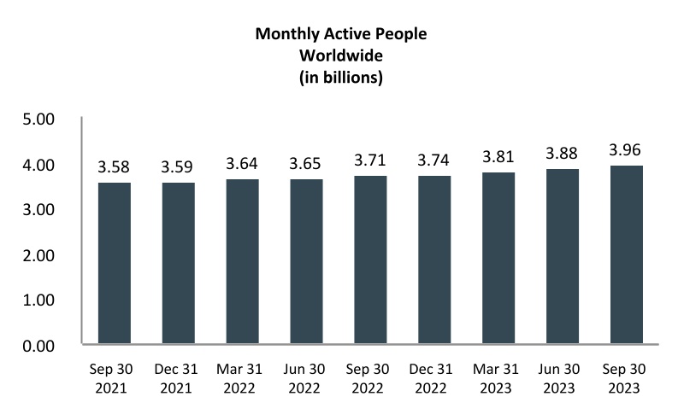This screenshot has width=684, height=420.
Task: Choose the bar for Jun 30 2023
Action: (563, 256)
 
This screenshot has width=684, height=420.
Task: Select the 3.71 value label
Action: (372, 159)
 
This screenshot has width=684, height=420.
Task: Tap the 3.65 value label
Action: (308, 161)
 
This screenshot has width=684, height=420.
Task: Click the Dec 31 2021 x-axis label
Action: (180, 380)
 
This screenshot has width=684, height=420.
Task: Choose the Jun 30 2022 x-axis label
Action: (308, 380)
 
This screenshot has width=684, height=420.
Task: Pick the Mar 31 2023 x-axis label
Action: (499, 380)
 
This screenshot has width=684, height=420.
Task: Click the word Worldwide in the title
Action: (341, 56)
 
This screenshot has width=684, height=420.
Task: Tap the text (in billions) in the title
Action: (341, 78)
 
